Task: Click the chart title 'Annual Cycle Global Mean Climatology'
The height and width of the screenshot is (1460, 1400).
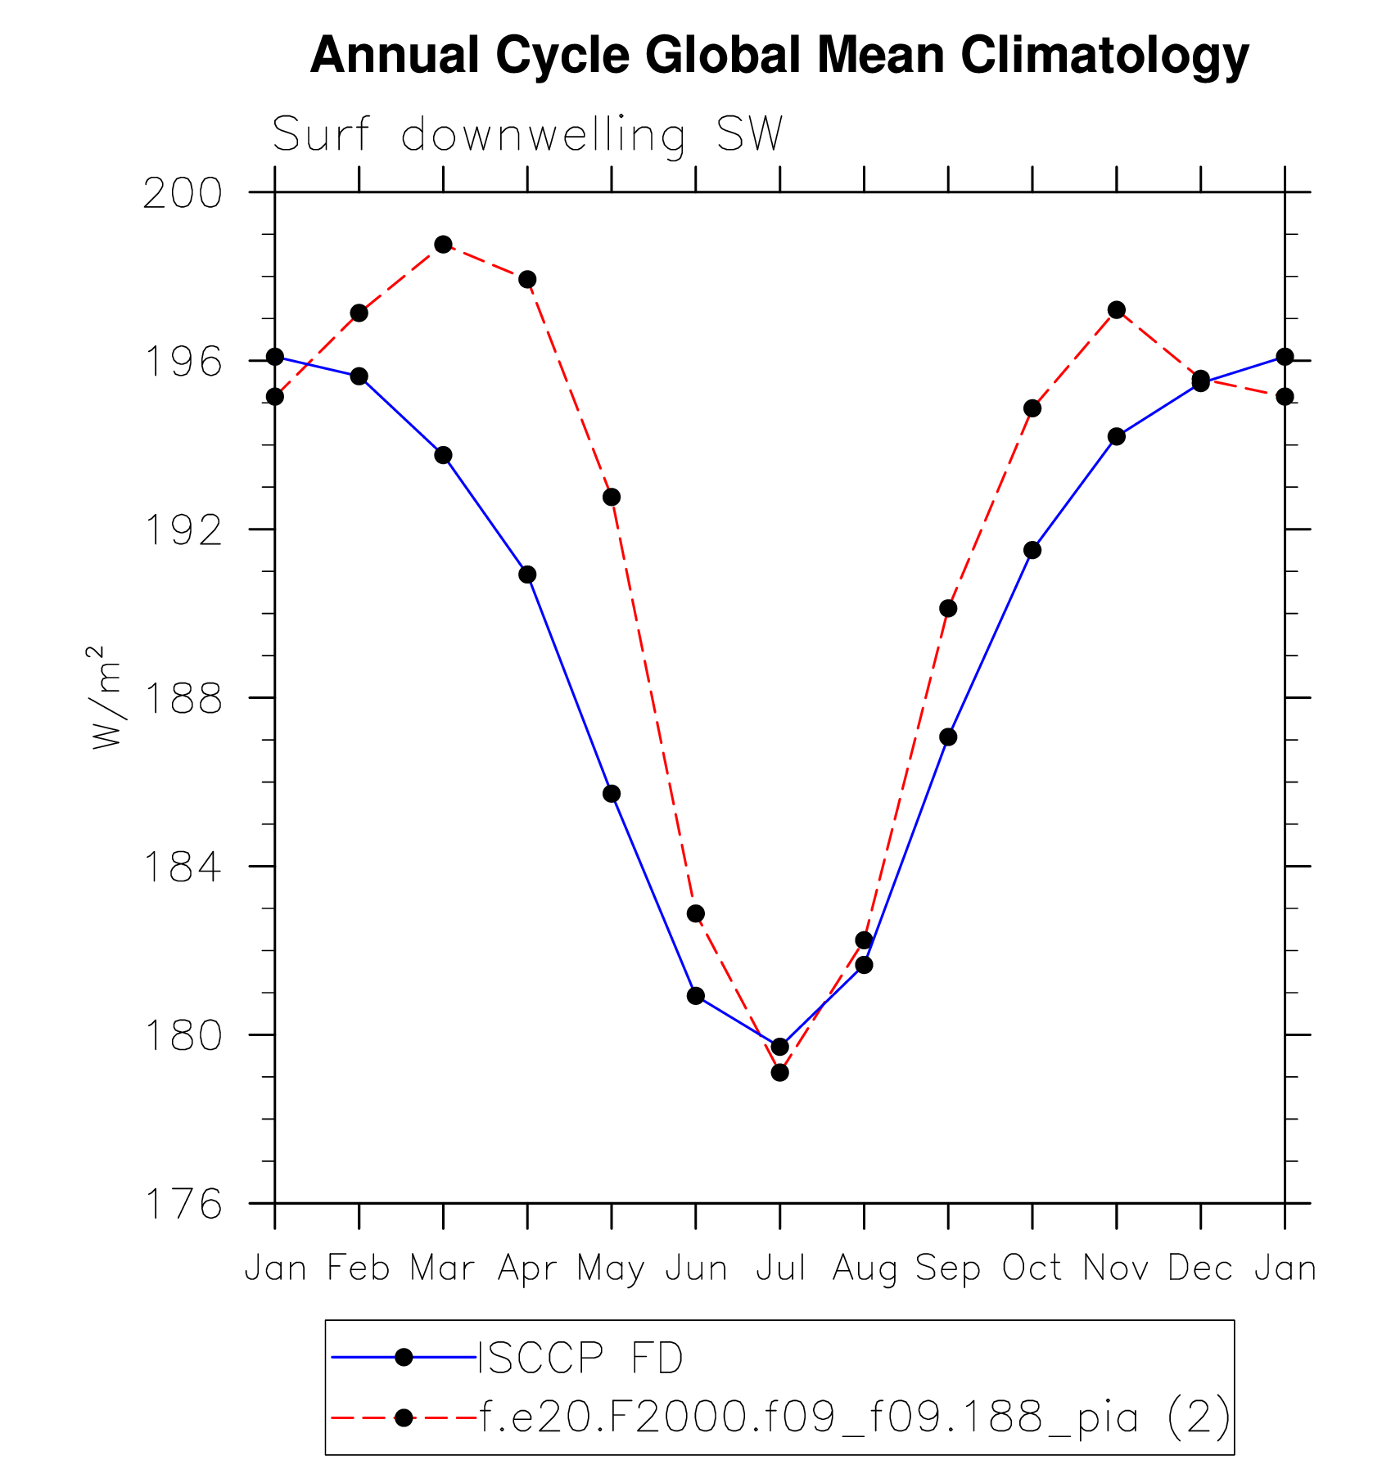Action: pos(779,56)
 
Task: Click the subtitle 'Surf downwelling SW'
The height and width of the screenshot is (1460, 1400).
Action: pos(528,134)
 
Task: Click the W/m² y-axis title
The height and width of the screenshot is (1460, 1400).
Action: pos(106,697)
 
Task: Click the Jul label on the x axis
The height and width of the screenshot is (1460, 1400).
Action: pos(780,1268)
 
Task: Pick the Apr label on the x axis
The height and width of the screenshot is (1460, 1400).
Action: pos(527,1268)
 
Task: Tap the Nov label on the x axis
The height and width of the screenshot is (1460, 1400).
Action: pos(1116,1268)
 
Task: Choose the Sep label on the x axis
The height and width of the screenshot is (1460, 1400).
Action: pos(948,1268)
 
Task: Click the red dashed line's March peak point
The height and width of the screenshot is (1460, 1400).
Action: pos(443,244)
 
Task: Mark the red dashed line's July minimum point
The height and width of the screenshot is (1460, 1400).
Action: pos(779,1072)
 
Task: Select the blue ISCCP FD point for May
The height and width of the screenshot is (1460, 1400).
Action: pos(612,794)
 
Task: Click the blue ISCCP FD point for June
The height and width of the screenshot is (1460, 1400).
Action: pos(696,995)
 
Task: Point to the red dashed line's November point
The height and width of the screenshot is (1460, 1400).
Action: pos(1116,309)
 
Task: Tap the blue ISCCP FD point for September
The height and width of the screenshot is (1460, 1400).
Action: pos(948,737)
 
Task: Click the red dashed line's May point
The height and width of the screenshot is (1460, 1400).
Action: pos(612,497)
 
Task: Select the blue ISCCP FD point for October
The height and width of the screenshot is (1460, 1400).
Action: pos(1032,550)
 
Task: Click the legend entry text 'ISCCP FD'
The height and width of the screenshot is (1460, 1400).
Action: pos(580,1358)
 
